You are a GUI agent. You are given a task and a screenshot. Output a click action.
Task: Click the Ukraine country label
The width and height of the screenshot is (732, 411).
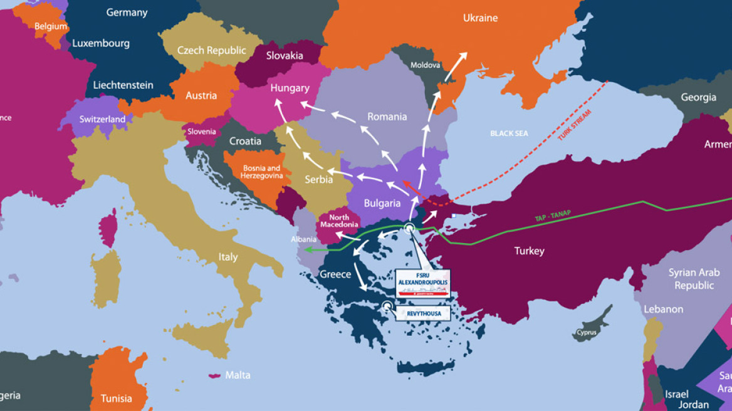(480, 18)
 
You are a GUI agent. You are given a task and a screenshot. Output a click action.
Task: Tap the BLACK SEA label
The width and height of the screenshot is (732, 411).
(509, 133)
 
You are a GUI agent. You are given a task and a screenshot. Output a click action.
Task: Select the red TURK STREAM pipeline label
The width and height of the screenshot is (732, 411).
(574, 125)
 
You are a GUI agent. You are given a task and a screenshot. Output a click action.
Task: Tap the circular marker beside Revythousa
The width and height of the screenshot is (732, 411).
(387, 306)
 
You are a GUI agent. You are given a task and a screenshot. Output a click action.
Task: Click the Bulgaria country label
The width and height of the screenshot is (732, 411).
(382, 203)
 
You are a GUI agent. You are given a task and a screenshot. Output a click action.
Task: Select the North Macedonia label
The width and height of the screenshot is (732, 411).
(339, 221)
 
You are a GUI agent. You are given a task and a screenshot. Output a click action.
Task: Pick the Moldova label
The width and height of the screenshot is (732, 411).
(425, 65)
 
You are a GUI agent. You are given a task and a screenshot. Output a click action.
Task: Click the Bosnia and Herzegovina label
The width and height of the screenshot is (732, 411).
(261, 172)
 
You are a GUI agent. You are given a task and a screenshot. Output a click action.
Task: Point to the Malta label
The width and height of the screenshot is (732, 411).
(238, 375)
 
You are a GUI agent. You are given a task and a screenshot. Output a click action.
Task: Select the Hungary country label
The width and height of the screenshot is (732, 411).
(290, 88)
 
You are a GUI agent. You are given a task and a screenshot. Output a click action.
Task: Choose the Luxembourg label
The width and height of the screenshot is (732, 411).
(101, 43)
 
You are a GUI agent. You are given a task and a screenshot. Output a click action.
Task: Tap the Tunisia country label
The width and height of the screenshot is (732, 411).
(117, 398)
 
